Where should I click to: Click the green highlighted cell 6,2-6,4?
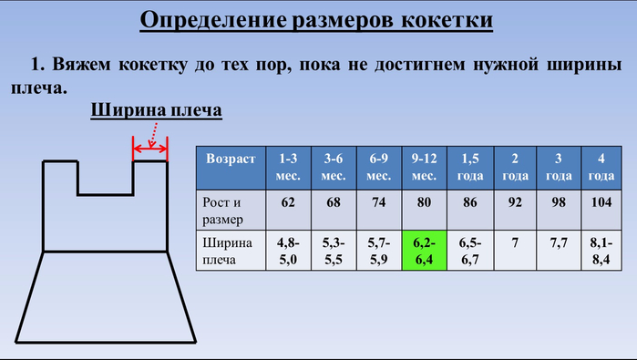tap(424, 251)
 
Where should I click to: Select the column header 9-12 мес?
tap(424, 168)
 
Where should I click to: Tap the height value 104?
tap(601, 202)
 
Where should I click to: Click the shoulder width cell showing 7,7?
tap(559, 243)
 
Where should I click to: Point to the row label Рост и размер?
tap(221, 211)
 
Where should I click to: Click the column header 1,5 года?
tap(470, 168)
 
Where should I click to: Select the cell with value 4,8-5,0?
tap(288, 251)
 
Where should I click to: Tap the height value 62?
tap(288, 202)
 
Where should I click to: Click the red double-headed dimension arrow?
tap(149, 149)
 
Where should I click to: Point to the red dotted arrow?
tap(153, 135)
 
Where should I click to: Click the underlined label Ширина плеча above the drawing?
tap(156, 110)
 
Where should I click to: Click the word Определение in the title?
tap(213, 20)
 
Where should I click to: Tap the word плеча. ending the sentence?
tap(39, 88)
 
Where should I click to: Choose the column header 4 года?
tap(601, 168)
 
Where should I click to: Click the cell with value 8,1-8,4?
tap(601, 251)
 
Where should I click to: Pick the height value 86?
tap(470, 202)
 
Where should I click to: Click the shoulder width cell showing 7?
tap(515, 243)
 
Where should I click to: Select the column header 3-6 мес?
tap(334, 168)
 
